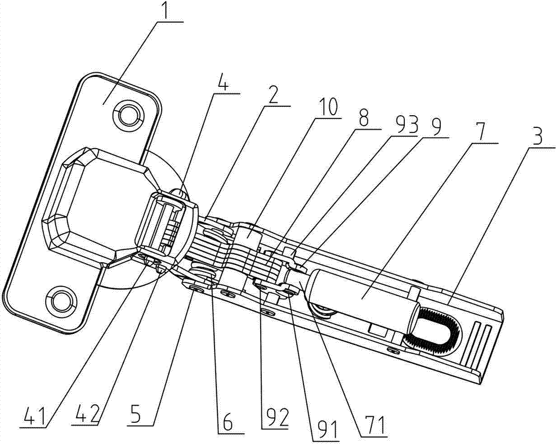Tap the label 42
[x=84, y=415]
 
